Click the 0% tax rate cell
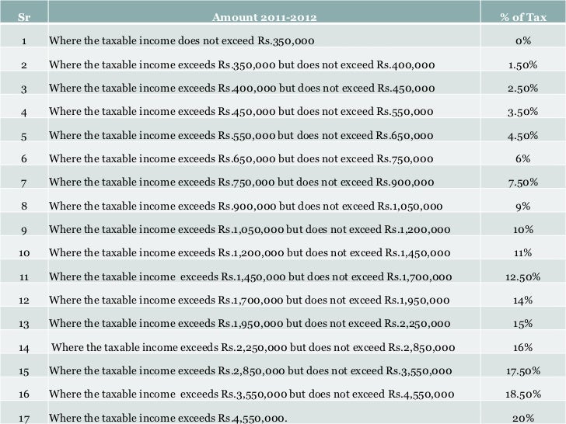[x=522, y=40]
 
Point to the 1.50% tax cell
[x=522, y=64]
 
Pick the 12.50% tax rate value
[x=522, y=276]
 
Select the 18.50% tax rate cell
[x=522, y=394]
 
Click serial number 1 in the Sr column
[x=24, y=40]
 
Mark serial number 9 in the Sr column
[x=24, y=230]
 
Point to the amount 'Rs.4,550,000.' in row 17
[x=253, y=419]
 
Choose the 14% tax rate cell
[x=522, y=300]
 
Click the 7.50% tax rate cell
[x=522, y=182]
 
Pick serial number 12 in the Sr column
[x=24, y=300]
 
